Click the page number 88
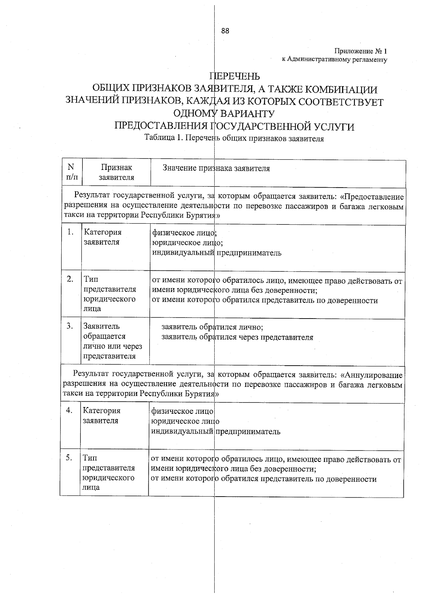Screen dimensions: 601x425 pyautogui.click(x=225, y=31)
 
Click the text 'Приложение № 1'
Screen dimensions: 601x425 pyautogui.click(x=361, y=52)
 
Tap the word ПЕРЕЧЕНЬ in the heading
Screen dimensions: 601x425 pyautogui.click(x=235, y=76)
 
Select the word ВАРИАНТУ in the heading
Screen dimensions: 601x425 pyautogui.click(x=246, y=114)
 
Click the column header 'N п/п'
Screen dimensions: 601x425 pyautogui.click(x=71, y=172)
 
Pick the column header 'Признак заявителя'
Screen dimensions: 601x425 pyautogui.click(x=116, y=172)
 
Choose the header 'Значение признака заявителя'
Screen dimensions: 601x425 pyautogui.click(x=216, y=168)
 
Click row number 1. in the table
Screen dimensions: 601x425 pyautogui.click(x=70, y=232)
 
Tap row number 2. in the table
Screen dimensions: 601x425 pyautogui.click(x=70, y=279)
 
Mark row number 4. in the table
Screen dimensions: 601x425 pyautogui.click(x=69, y=410)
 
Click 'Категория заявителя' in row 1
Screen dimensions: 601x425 pyautogui.click(x=102, y=237)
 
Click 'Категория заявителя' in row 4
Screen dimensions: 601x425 pyautogui.click(x=102, y=416)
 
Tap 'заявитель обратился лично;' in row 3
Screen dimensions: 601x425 pyautogui.click(x=212, y=327)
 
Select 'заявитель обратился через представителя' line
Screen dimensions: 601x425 pyautogui.click(x=237, y=337)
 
